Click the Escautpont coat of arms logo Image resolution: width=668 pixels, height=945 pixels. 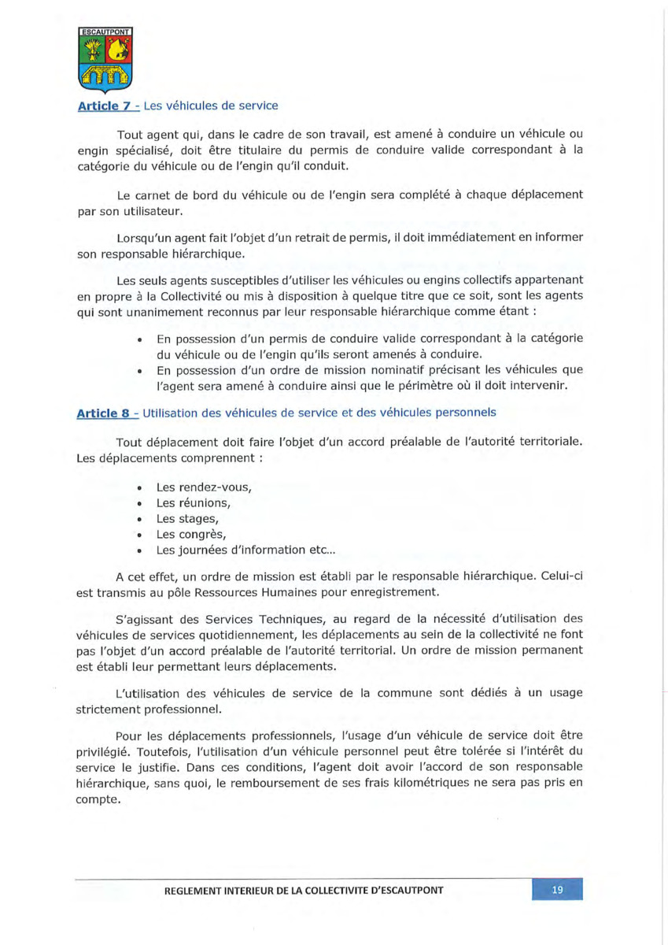click(x=106, y=60)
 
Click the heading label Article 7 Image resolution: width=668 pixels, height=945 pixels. click(x=102, y=106)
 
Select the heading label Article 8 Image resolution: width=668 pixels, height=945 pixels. click(x=102, y=412)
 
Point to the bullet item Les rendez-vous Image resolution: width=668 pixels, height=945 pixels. click(x=203, y=487)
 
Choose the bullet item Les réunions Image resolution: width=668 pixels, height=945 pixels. click(x=193, y=503)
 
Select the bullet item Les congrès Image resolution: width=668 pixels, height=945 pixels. click(x=191, y=535)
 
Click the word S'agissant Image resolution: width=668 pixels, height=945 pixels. click(x=144, y=619)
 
